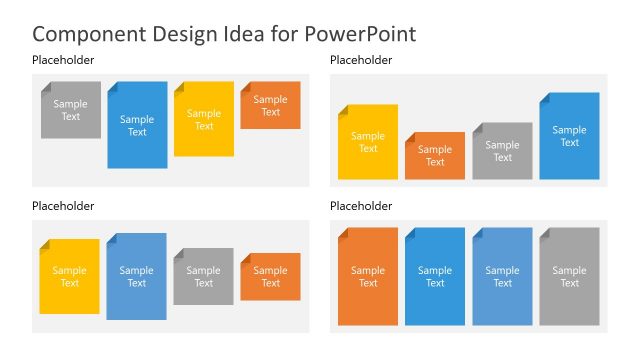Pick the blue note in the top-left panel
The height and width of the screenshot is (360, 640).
[137, 125]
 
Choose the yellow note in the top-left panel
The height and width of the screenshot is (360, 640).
[204, 120]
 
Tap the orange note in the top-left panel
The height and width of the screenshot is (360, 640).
[270, 106]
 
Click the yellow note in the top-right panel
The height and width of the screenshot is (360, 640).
[368, 142]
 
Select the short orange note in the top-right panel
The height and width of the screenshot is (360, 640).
[435, 156]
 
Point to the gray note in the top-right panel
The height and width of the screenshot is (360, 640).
[502, 151]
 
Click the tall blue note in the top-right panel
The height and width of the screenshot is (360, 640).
[569, 136]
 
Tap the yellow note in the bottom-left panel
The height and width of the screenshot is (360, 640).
[70, 276]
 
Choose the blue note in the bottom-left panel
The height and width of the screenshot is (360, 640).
[137, 276]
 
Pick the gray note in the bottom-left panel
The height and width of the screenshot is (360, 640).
[204, 276]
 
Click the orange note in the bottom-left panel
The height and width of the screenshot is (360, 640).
[270, 276]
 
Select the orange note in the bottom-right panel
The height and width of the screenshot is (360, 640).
[368, 276]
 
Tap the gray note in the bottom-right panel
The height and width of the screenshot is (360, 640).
[569, 276]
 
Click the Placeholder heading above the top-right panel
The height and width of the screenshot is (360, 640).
[361, 61]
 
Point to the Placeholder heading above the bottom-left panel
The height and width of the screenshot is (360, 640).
[63, 206]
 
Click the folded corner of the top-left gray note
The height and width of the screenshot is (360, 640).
[45, 87]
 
